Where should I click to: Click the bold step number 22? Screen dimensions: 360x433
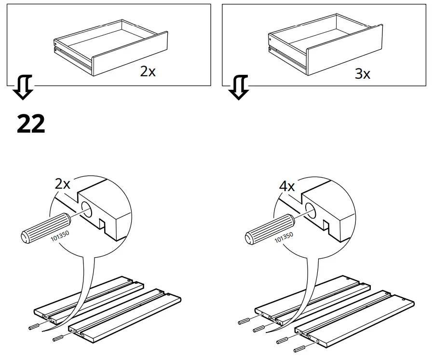(31, 124)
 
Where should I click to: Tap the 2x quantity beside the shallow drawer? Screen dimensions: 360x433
(148, 72)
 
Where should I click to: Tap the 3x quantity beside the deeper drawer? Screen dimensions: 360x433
(362, 74)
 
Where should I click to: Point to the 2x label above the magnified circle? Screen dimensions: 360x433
(62, 184)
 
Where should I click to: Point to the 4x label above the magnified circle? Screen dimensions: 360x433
(287, 186)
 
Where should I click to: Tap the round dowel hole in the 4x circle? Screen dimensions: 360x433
(311, 209)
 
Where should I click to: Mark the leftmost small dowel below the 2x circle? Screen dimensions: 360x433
(34, 326)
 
